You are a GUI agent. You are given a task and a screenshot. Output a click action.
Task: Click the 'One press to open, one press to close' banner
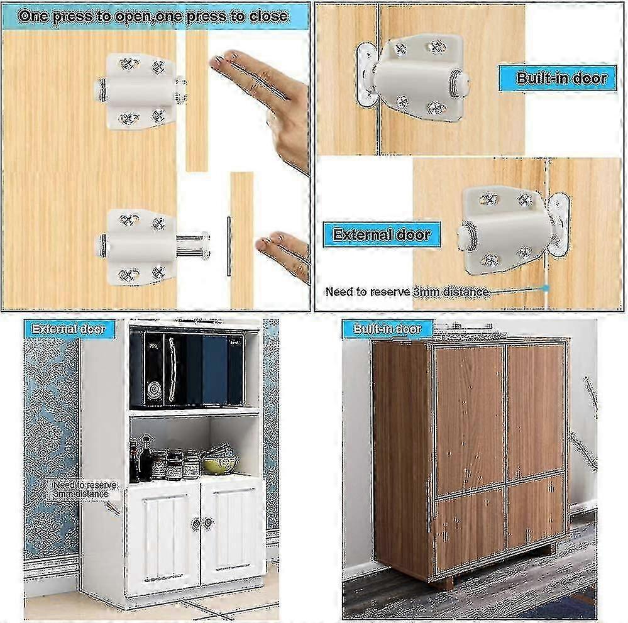pos(154,16)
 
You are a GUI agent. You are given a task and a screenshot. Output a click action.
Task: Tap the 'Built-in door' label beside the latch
pos(562,79)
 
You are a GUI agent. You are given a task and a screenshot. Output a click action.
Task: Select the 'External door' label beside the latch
pos(382,235)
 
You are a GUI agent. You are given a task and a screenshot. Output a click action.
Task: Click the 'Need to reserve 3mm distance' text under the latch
pos(407,292)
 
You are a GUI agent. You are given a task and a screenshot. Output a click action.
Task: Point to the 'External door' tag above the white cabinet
pos(69,328)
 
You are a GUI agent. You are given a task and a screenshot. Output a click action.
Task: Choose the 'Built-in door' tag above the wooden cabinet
pos(387,328)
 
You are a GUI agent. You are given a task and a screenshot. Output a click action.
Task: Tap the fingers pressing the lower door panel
pos(283,251)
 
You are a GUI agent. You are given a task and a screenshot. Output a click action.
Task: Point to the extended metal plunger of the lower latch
pos(192,245)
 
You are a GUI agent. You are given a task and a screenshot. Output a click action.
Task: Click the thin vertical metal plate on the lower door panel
pos(228,246)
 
